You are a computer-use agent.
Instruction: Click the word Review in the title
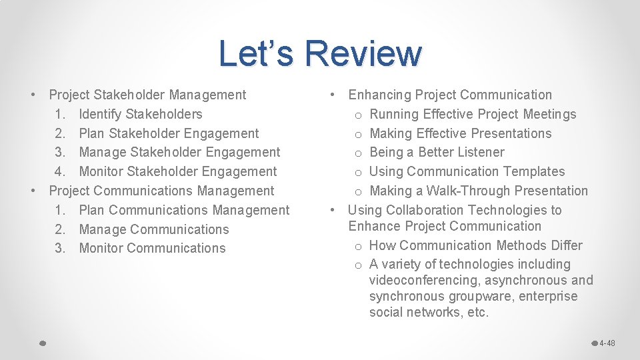[x=363, y=53]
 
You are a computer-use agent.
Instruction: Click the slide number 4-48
[x=607, y=343]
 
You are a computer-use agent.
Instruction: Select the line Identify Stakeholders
[x=140, y=114]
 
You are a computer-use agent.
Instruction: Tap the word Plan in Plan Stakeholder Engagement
[x=91, y=133]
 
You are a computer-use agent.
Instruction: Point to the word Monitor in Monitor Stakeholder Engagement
[x=101, y=171]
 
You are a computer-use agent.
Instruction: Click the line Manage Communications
[x=153, y=229]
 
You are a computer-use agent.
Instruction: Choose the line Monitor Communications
[x=152, y=248]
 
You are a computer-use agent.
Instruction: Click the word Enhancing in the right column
[x=379, y=95]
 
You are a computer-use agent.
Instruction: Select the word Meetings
[x=549, y=114]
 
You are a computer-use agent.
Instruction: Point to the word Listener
[x=479, y=152]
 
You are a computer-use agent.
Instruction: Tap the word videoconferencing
[x=424, y=280]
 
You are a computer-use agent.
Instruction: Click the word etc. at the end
[x=478, y=312]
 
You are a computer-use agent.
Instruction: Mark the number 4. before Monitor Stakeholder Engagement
[x=60, y=171]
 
